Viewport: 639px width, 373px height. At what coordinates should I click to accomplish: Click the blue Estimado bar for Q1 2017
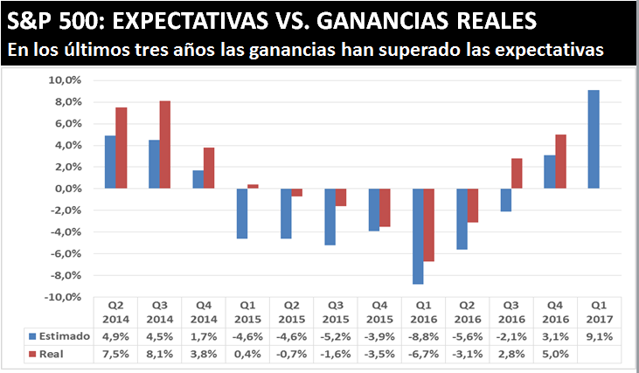click(594, 139)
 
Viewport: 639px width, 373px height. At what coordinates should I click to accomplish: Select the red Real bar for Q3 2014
click(165, 145)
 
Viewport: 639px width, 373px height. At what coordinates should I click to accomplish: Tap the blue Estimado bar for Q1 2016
click(418, 236)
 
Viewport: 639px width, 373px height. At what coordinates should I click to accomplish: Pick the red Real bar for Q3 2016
click(517, 173)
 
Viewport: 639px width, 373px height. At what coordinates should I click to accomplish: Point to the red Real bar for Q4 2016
click(561, 162)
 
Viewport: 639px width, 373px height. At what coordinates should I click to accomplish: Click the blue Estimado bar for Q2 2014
click(110, 162)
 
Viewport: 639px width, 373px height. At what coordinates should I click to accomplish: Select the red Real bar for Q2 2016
click(473, 205)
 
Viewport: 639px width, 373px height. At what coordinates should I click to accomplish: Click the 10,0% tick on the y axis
click(66, 80)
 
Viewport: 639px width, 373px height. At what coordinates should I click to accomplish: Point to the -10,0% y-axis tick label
click(63, 297)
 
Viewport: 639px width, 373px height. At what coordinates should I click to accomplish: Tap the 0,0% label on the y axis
click(67, 189)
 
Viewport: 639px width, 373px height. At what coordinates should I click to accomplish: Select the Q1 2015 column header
click(247, 313)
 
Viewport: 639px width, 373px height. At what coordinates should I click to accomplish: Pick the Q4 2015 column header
click(379, 313)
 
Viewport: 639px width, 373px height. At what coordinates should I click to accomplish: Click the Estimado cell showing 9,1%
click(598, 335)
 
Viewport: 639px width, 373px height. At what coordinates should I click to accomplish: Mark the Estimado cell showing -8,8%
click(422, 335)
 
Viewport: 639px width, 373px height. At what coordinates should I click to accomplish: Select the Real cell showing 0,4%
click(247, 354)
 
